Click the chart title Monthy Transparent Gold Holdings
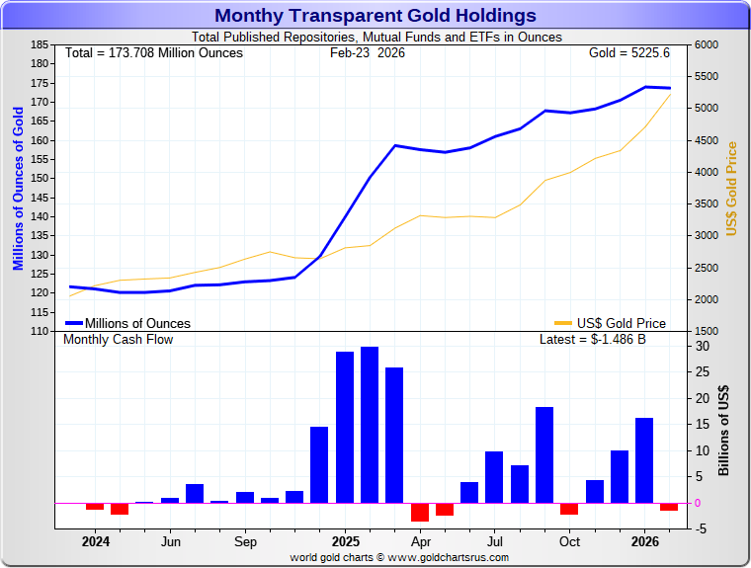click(375, 16)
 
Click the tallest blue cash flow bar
click(370, 424)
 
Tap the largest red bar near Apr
click(420, 512)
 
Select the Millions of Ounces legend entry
click(128, 323)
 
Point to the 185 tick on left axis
click(41, 45)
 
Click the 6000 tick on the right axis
click(707, 45)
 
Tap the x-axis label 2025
click(345, 541)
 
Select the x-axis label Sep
click(245, 541)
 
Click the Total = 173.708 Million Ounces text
click(153, 52)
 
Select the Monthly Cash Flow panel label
click(118, 339)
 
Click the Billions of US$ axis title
click(724, 431)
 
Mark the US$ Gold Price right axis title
click(732, 189)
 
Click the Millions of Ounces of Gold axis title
click(18, 189)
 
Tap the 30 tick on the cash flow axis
click(701, 347)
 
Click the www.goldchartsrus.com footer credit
click(399, 557)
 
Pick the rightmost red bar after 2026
click(669, 507)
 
